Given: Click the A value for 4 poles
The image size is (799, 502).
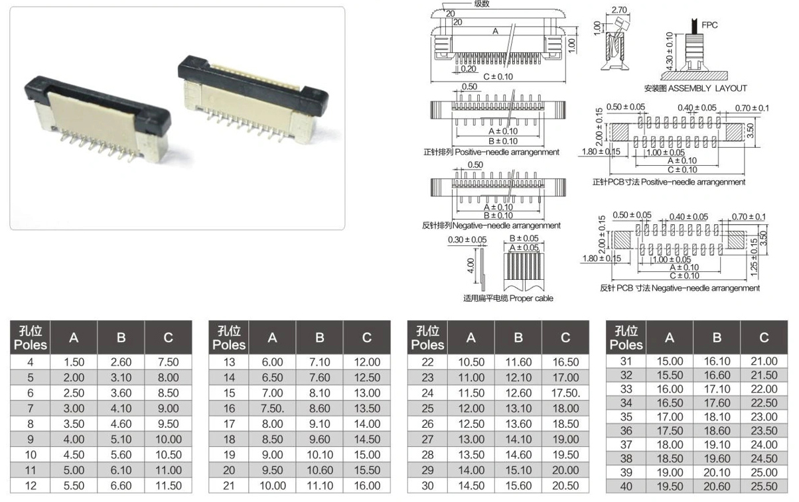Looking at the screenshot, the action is tap(74, 362).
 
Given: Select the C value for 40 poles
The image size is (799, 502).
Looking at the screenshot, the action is tap(764, 486).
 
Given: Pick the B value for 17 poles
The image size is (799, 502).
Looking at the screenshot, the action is tap(320, 424).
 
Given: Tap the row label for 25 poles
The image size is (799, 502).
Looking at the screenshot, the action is tap(427, 408).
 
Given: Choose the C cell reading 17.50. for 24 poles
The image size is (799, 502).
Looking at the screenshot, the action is tap(565, 393).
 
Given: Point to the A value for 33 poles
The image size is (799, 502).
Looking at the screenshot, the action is tap(670, 389).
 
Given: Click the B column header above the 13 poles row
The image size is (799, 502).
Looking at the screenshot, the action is tap(320, 338).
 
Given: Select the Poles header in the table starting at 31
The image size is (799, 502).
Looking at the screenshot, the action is tap(626, 345).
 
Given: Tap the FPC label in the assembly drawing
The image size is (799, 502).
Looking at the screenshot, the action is tap(709, 25).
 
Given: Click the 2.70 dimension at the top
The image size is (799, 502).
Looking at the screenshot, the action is tap(619, 10).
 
